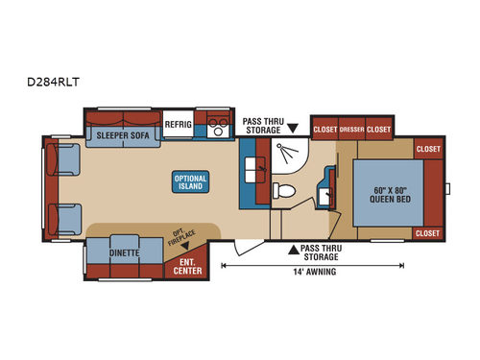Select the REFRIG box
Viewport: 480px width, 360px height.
point(179,125)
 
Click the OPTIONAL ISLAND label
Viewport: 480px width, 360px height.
point(189,182)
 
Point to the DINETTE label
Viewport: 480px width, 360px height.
point(125,253)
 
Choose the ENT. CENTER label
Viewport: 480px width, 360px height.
point(187,265)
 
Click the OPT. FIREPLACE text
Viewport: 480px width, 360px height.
point(177,238)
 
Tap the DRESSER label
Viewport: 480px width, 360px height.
point(352,129)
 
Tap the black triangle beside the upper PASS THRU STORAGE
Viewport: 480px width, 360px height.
point(292,128)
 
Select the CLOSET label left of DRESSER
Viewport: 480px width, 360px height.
point(324,129)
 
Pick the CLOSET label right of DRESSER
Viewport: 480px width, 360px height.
point(380,129)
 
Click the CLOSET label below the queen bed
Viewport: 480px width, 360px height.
point(427,232)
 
